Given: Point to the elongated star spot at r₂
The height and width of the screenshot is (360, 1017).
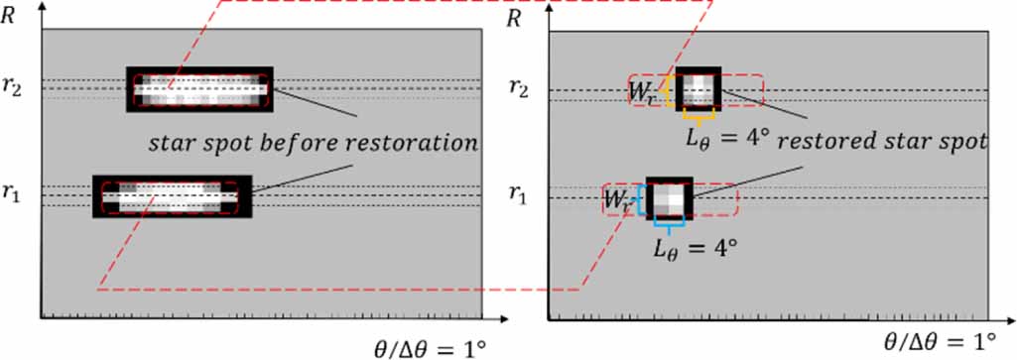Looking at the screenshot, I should click(199, 89).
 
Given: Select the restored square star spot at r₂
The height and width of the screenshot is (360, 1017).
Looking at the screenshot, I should click(700, 90).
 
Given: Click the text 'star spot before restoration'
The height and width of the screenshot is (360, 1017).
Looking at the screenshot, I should click(314, 144).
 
